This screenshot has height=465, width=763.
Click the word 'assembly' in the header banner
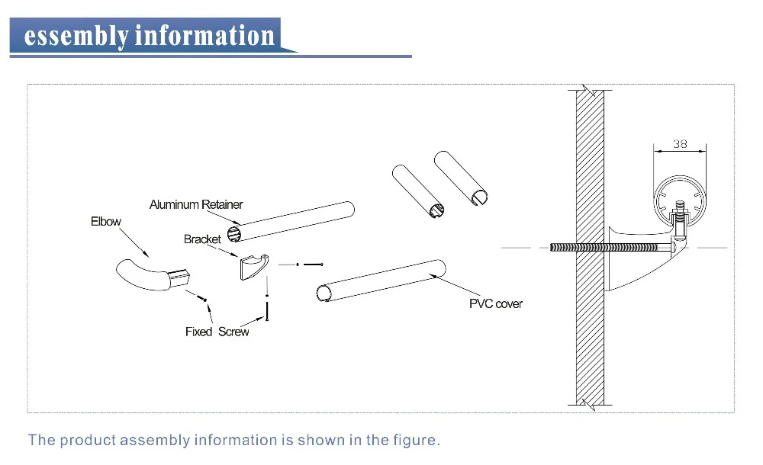click(76, 36)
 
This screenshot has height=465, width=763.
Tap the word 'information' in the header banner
click(204, 36)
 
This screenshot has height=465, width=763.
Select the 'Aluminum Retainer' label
click(196, 204)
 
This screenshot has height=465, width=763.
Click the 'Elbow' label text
click(105, 222)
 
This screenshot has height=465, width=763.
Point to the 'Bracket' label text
click(202, 239)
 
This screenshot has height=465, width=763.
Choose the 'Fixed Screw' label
click(217, 332)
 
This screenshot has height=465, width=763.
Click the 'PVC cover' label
click(496, 304)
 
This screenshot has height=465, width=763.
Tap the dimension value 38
click(681, 143)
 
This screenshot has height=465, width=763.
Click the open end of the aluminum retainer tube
click(235, 233)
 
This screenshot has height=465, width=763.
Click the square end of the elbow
click(180, 275)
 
